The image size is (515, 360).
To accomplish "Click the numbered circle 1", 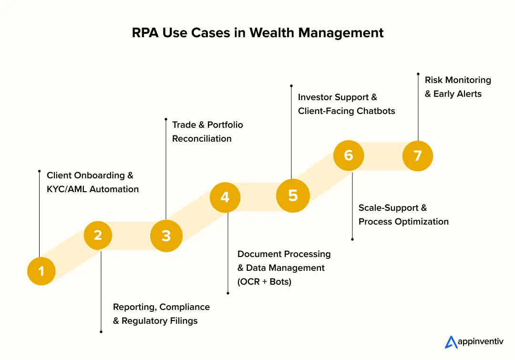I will coord(41,271).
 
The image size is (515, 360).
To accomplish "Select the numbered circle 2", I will coord(98,235).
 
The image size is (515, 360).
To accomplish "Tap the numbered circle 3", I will coord(166,236).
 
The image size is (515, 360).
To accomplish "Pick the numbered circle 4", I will coord(225,197).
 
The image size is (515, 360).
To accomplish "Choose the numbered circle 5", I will coord(293,195).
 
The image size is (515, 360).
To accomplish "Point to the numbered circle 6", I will coord(349,155).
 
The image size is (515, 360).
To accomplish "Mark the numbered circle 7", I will coord(418,155).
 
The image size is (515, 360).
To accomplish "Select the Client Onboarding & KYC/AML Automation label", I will coord(93,182).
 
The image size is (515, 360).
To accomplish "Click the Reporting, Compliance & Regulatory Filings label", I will coord(161,314).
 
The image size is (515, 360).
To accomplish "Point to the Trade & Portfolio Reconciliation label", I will coord(207,132).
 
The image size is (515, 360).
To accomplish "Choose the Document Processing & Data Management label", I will coord(284,261).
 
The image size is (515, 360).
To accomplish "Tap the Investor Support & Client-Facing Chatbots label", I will coord(346,104).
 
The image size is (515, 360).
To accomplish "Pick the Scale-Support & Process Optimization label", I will coord(403,215).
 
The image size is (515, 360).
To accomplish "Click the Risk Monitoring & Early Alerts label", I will coord(458,87).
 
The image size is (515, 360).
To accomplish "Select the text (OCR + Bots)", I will coord(264,281).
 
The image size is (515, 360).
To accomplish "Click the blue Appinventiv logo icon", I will coord(451,342).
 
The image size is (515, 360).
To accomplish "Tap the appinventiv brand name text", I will coord(481,342).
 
